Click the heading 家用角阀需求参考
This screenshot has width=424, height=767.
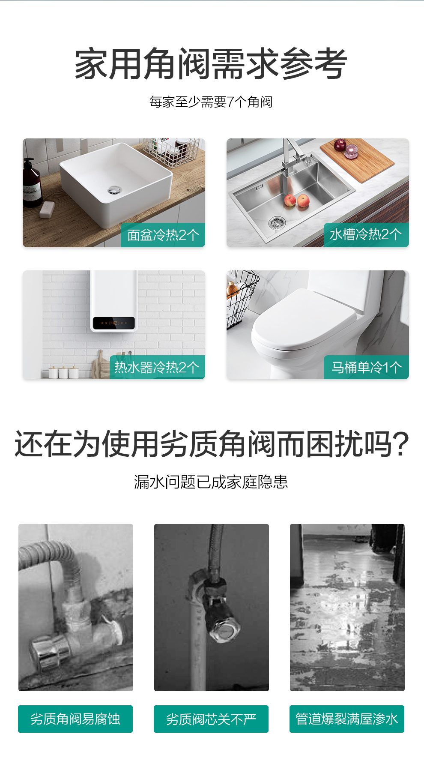[x=211, y=64]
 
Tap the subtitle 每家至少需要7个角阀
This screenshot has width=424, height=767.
[x=211, y=102]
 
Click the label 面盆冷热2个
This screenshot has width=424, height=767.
[x=163, y=235]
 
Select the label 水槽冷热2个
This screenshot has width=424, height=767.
[x=366, y=234]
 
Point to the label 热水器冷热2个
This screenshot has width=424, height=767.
[x=157, y=367]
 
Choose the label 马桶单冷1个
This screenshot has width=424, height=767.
[x=366, y=367]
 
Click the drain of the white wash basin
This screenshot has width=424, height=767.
[x=114, y=189]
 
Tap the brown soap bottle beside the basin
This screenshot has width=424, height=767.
[x=32, y=183]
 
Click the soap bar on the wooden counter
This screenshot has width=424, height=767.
[x=47, y=210]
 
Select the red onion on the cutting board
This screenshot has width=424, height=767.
[x=340, y=145]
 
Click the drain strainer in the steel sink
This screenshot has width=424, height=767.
[x=277, y=222]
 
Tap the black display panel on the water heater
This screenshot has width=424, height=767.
[x=114, y=323]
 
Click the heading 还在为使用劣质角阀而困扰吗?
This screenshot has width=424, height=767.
[x=212, y=444]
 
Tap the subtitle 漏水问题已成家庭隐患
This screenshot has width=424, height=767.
[x=211, y=482]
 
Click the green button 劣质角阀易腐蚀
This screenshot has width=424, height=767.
[x=75, y=719]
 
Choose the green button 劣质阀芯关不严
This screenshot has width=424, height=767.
[x=211, y=719]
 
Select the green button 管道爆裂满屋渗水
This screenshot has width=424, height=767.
[x=347, y=719]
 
